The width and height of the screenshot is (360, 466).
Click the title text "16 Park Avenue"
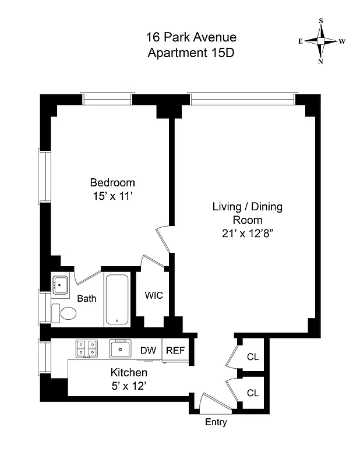(191, 38)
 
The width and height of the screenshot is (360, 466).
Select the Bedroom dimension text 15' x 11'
(112, 196)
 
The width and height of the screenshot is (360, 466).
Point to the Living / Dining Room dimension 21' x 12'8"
(242, 234)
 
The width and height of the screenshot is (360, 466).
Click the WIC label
(154, 295)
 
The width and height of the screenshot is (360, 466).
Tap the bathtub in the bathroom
(119, 299)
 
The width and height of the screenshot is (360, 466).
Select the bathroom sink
(60, 285)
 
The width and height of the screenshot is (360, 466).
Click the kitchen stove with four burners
(87, 349)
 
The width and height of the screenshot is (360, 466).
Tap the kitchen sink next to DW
(122, 349)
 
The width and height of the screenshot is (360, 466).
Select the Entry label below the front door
(216, 422)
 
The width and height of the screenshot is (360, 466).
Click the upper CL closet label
(253, 357)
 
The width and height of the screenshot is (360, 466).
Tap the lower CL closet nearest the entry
(253, 393)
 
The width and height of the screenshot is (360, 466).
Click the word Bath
(87, 299)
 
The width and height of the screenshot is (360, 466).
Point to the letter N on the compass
(320, 62)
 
